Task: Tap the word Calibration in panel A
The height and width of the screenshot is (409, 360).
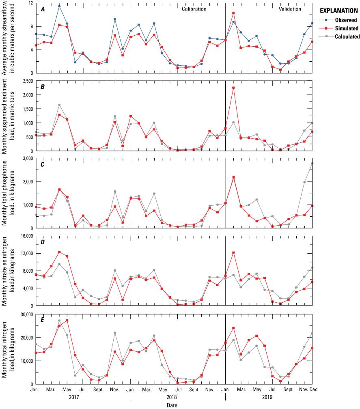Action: click(x=194, y=9)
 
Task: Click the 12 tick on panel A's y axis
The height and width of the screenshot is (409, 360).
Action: click(x=30, y=3)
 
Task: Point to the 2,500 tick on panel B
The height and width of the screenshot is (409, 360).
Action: click(x=26, y=81)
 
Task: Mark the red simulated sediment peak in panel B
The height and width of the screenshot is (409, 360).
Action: click(x=233, y=88)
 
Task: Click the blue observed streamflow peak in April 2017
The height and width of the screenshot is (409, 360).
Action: click(x=59, y=6)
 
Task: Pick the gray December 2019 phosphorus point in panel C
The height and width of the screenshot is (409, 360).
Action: click(x=312, y=163)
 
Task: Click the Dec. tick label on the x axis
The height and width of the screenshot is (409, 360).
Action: click(x=312, y=389)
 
